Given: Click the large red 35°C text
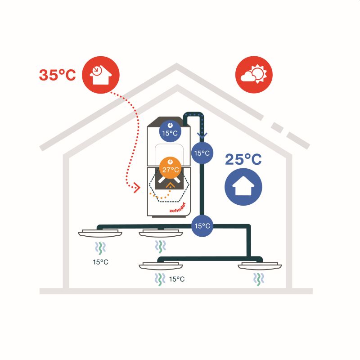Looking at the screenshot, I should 57,75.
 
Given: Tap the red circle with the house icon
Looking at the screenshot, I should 99,75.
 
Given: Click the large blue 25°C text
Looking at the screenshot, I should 243,160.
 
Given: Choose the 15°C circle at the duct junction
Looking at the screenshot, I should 202,225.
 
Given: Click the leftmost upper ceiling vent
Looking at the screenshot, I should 100,233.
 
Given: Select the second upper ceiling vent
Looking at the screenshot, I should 160,233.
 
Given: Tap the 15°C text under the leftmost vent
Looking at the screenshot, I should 100,261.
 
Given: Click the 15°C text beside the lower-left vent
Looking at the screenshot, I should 177,279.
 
